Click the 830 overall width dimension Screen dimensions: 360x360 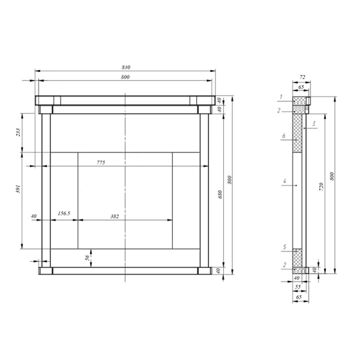126,67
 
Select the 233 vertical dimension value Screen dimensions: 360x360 18,132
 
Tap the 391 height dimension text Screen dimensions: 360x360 18,189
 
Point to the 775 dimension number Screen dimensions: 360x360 101,163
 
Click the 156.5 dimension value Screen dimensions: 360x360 64,213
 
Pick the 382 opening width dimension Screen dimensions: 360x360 115,216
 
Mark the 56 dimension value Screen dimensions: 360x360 87,258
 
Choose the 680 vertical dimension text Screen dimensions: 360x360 220,194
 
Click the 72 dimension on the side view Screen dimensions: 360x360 302,77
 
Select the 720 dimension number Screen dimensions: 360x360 322,187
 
